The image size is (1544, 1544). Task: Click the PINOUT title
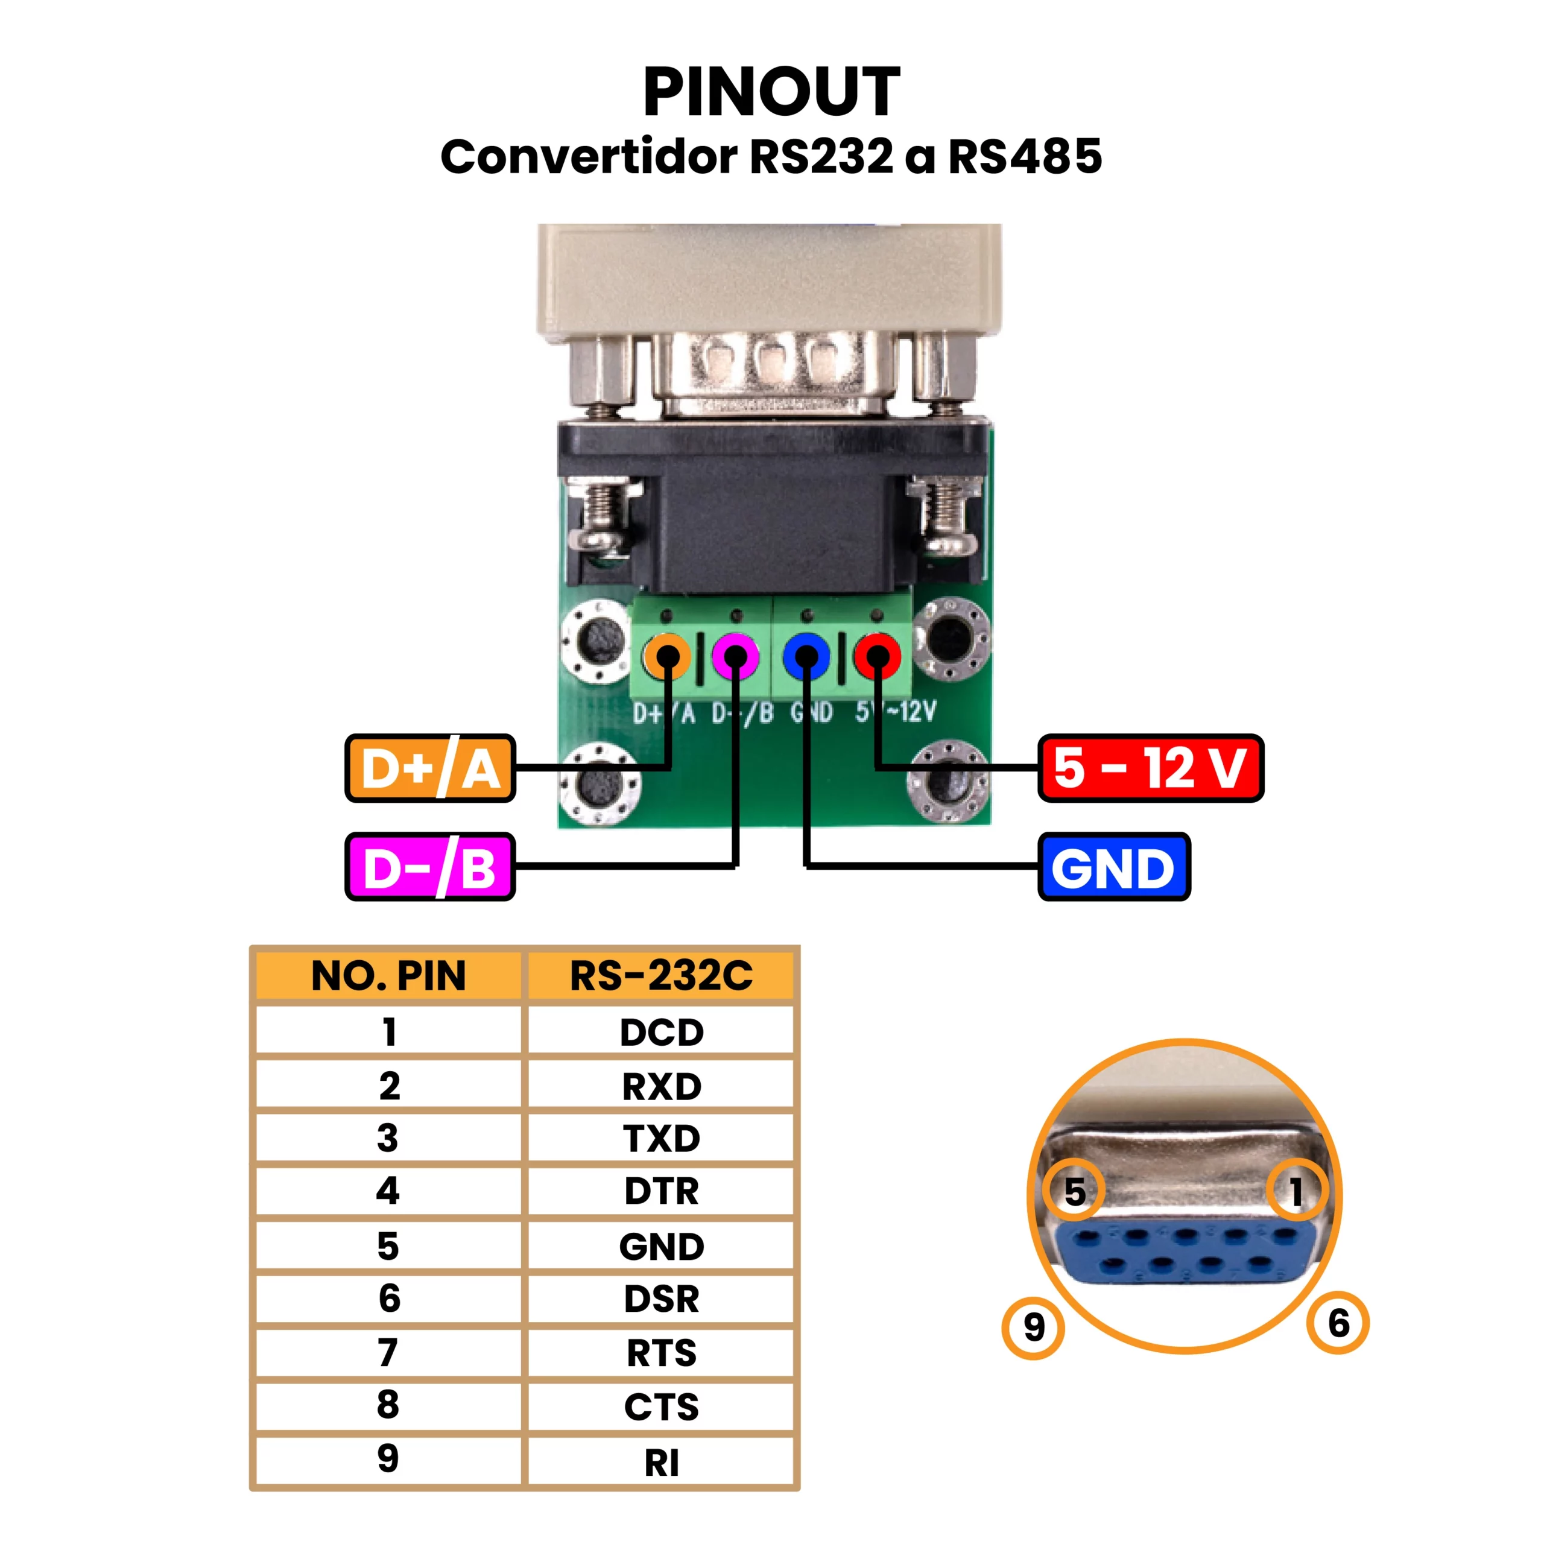tap(771, 92)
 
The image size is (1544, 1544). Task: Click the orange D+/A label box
tap(430, 768)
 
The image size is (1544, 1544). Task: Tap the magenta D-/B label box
tap(430, 867)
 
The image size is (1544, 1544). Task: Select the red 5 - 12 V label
tap(1150, 768)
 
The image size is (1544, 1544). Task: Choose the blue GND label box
tap(1113, 867)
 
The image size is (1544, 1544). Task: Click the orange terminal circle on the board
tap(667, 657)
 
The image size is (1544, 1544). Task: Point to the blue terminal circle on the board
tap(806, 657)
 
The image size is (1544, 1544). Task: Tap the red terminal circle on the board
tap(878, 657)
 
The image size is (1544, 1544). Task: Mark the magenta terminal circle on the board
tap(736, 657)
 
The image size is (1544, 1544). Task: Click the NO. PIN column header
tap(388, 976)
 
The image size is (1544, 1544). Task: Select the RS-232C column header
tap(661, 976)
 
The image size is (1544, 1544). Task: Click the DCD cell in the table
tap(661, 1032)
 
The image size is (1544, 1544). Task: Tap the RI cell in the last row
tap(661, 1463)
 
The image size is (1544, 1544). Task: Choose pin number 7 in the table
tap(388, 1353)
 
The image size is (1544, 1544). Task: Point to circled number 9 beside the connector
tap(1033, 1328)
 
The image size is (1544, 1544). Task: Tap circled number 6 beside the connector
tap(1338, 1323)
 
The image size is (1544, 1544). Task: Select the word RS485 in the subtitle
tap(1025, 157)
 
